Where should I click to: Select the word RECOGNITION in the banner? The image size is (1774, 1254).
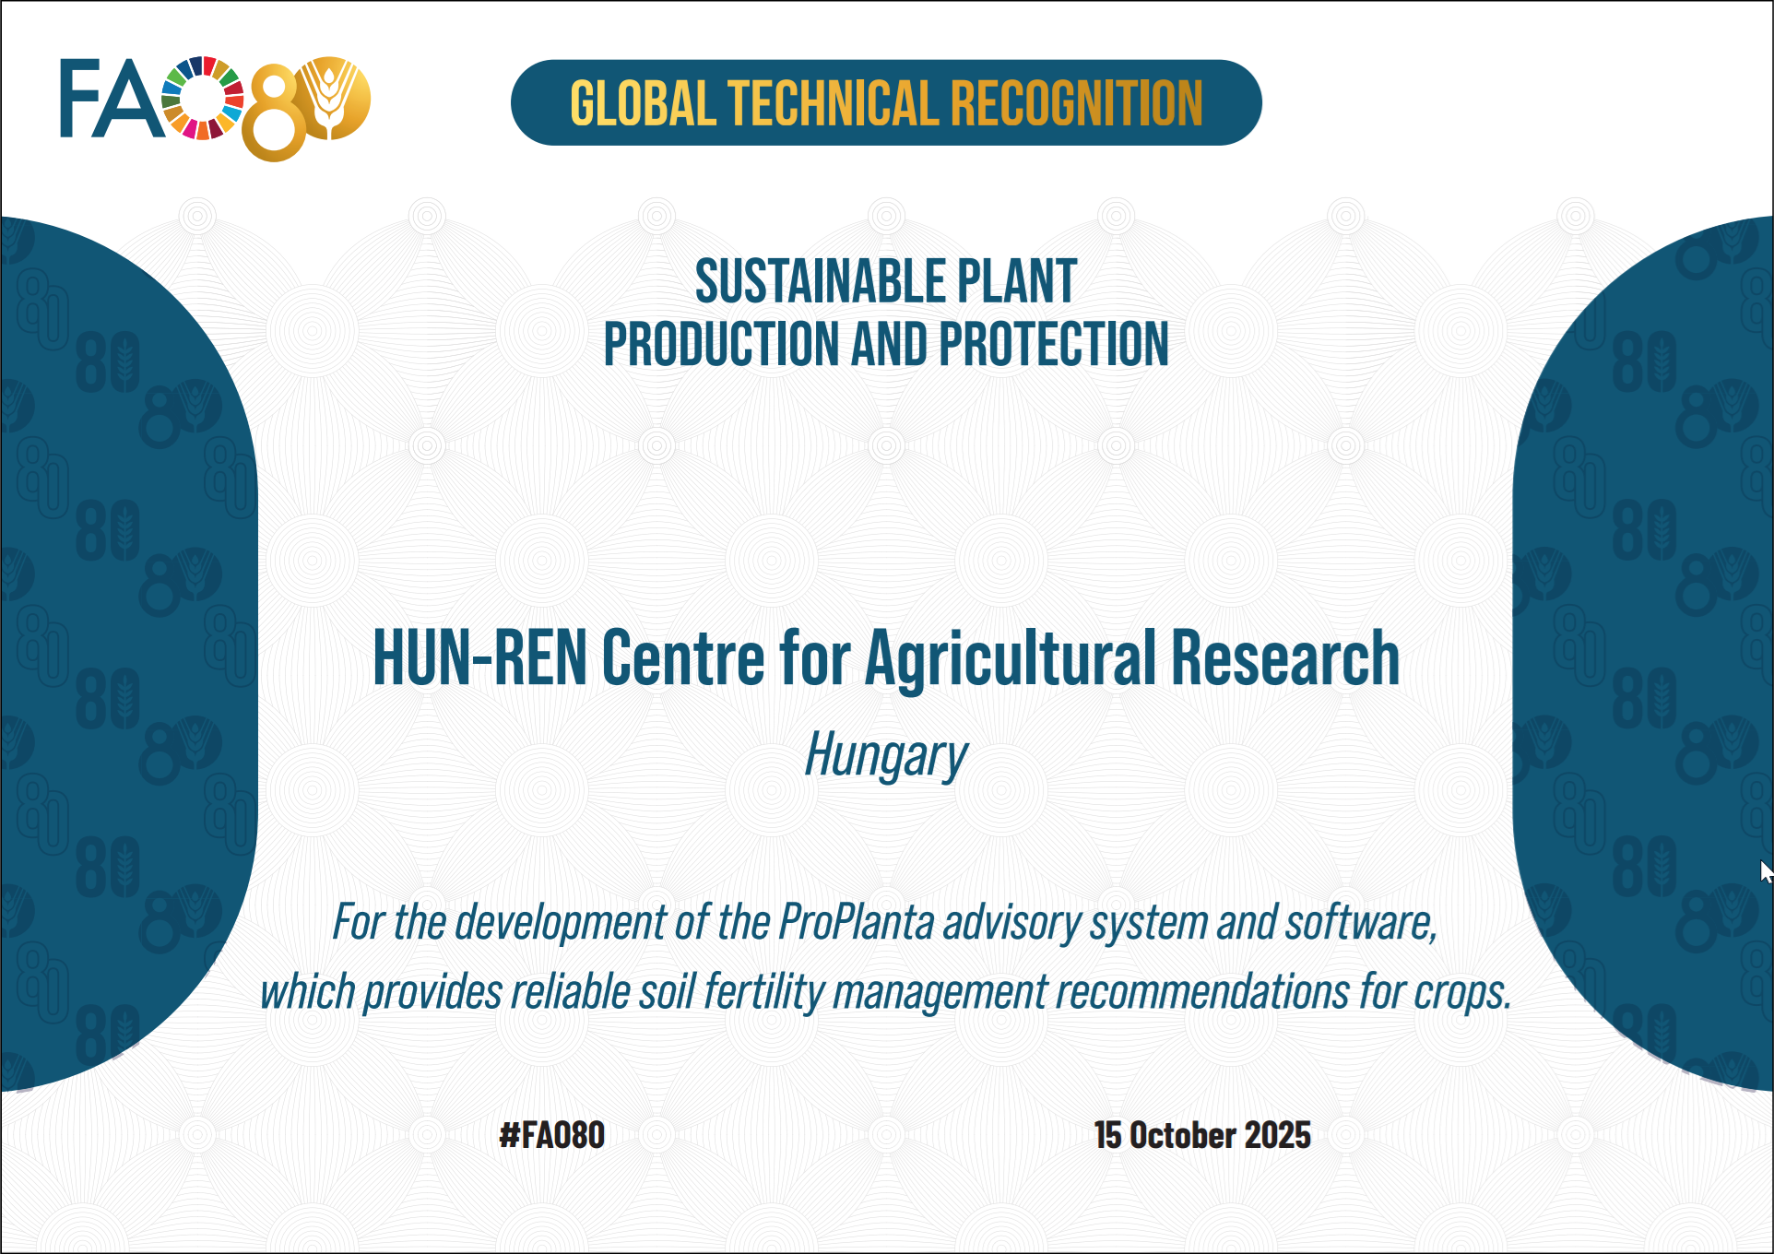pos(1076,103)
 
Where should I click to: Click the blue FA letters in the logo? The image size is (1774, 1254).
pos(111,100)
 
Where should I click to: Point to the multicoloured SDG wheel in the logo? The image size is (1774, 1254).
pos(203,98)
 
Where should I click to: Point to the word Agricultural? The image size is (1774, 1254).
pos(1011,658)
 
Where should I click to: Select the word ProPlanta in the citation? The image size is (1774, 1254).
pos(857,922)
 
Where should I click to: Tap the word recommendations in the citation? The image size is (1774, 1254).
pos(1202,993)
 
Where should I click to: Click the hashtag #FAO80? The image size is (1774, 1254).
pos(551,1135)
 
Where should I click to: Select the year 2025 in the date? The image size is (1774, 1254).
pos(1277,1135)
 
